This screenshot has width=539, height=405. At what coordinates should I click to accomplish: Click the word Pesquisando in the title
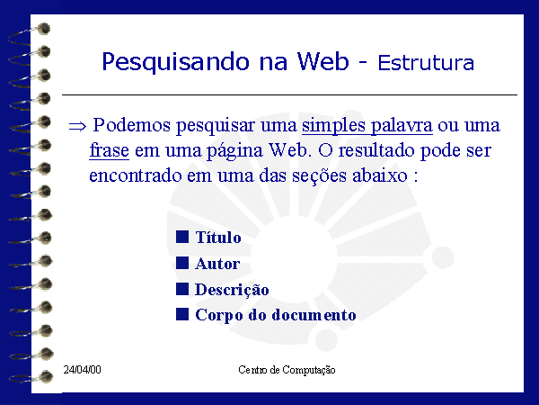[x=175, y=62]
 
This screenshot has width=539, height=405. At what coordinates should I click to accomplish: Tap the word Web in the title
[x=323, y=61]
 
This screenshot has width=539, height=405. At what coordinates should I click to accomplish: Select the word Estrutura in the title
[x=426, y=63]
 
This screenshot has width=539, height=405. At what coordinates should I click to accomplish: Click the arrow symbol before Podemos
[x=77, y=126]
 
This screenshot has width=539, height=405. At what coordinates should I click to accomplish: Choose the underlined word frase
[x=109, y=150]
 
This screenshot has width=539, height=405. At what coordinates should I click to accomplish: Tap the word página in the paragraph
[x=234, y=151]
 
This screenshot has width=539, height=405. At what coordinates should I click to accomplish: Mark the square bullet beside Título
[x=182, y=237]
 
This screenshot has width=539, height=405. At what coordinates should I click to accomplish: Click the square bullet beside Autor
[x=182, y=263]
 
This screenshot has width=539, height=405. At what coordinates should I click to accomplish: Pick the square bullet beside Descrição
[x=182, y=289]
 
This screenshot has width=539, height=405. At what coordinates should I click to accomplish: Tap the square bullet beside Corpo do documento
[x=182, y=314]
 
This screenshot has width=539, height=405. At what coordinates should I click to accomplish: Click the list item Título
[x=218, y=237]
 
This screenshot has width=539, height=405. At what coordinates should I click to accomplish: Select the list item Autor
[x=217, y=264]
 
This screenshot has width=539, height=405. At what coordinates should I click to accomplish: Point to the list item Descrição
[x=232, y=290]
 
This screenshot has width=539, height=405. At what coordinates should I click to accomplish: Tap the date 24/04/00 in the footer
[x=82, y=370]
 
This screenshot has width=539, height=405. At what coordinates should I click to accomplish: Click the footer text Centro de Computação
[x=287, y=370]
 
